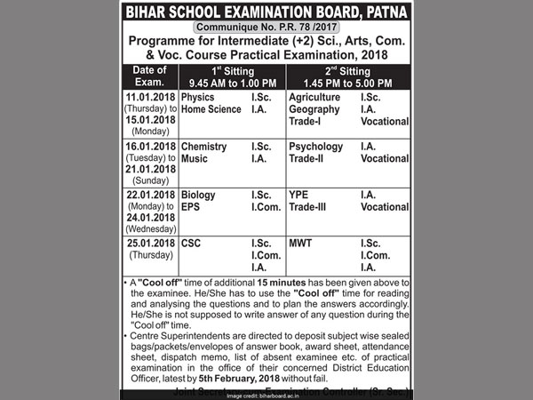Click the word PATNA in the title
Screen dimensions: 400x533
384,12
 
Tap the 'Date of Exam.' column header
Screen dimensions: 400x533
146,76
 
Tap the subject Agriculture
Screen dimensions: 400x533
315,96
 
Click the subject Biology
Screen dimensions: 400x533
197,195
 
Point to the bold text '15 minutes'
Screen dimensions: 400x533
279,282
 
